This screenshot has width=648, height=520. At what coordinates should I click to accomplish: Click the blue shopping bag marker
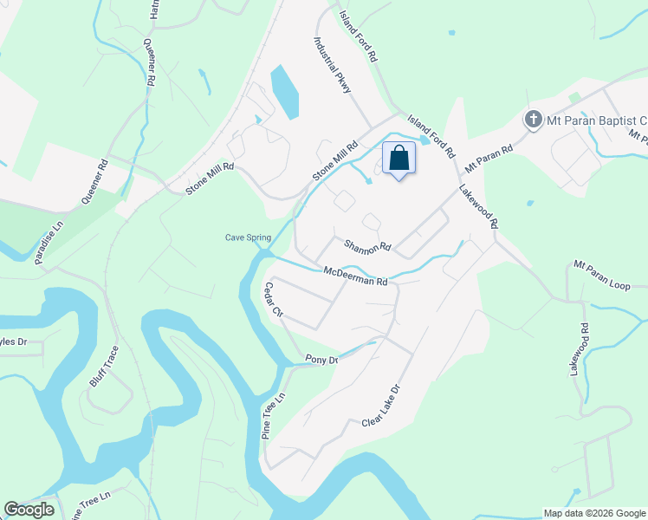point(399,159)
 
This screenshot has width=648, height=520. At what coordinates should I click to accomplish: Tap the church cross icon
point(535,120)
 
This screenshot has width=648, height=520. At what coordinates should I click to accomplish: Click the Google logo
point(29,510)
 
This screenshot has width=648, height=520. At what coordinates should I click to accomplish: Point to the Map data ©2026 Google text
point(593,513)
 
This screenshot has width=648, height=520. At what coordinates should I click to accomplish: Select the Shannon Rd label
point(368,246)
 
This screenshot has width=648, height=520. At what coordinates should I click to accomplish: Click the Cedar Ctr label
point(275,299)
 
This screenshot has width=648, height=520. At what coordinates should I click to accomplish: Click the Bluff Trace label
point(104,367)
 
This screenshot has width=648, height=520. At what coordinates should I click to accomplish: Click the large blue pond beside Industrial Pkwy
point(285,90)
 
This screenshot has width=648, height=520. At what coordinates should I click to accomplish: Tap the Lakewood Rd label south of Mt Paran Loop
point(579,348)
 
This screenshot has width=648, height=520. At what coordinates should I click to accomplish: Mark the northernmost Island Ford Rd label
point(358,36)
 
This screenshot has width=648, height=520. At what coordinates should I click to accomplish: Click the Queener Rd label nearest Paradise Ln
point(94,181)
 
